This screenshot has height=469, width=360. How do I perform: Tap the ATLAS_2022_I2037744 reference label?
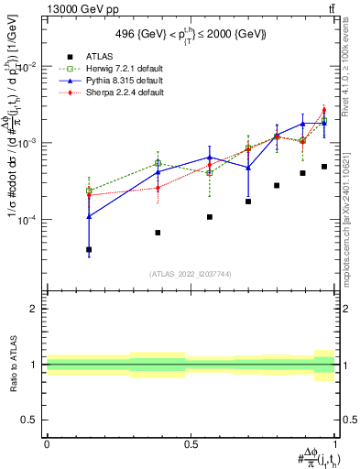pyautogui.click(x=191, y=273)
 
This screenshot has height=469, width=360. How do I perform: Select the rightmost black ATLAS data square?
pyautogui.click(x=324, y=167)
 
